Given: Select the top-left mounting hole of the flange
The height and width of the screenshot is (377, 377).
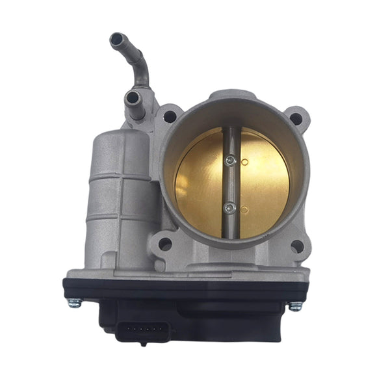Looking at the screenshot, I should point(170,117).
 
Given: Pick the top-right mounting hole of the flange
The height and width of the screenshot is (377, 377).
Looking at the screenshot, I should point(296,119).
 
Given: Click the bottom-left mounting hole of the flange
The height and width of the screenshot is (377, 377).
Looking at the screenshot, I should point(165,244).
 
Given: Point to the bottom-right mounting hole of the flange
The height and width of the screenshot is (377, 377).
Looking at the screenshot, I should point(296,246).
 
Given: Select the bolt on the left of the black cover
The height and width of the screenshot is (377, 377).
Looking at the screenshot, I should point(75,302).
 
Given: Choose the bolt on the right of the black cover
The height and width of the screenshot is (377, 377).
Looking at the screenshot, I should point(296,305).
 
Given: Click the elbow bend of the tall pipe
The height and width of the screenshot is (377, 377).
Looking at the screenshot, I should point(139,62).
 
